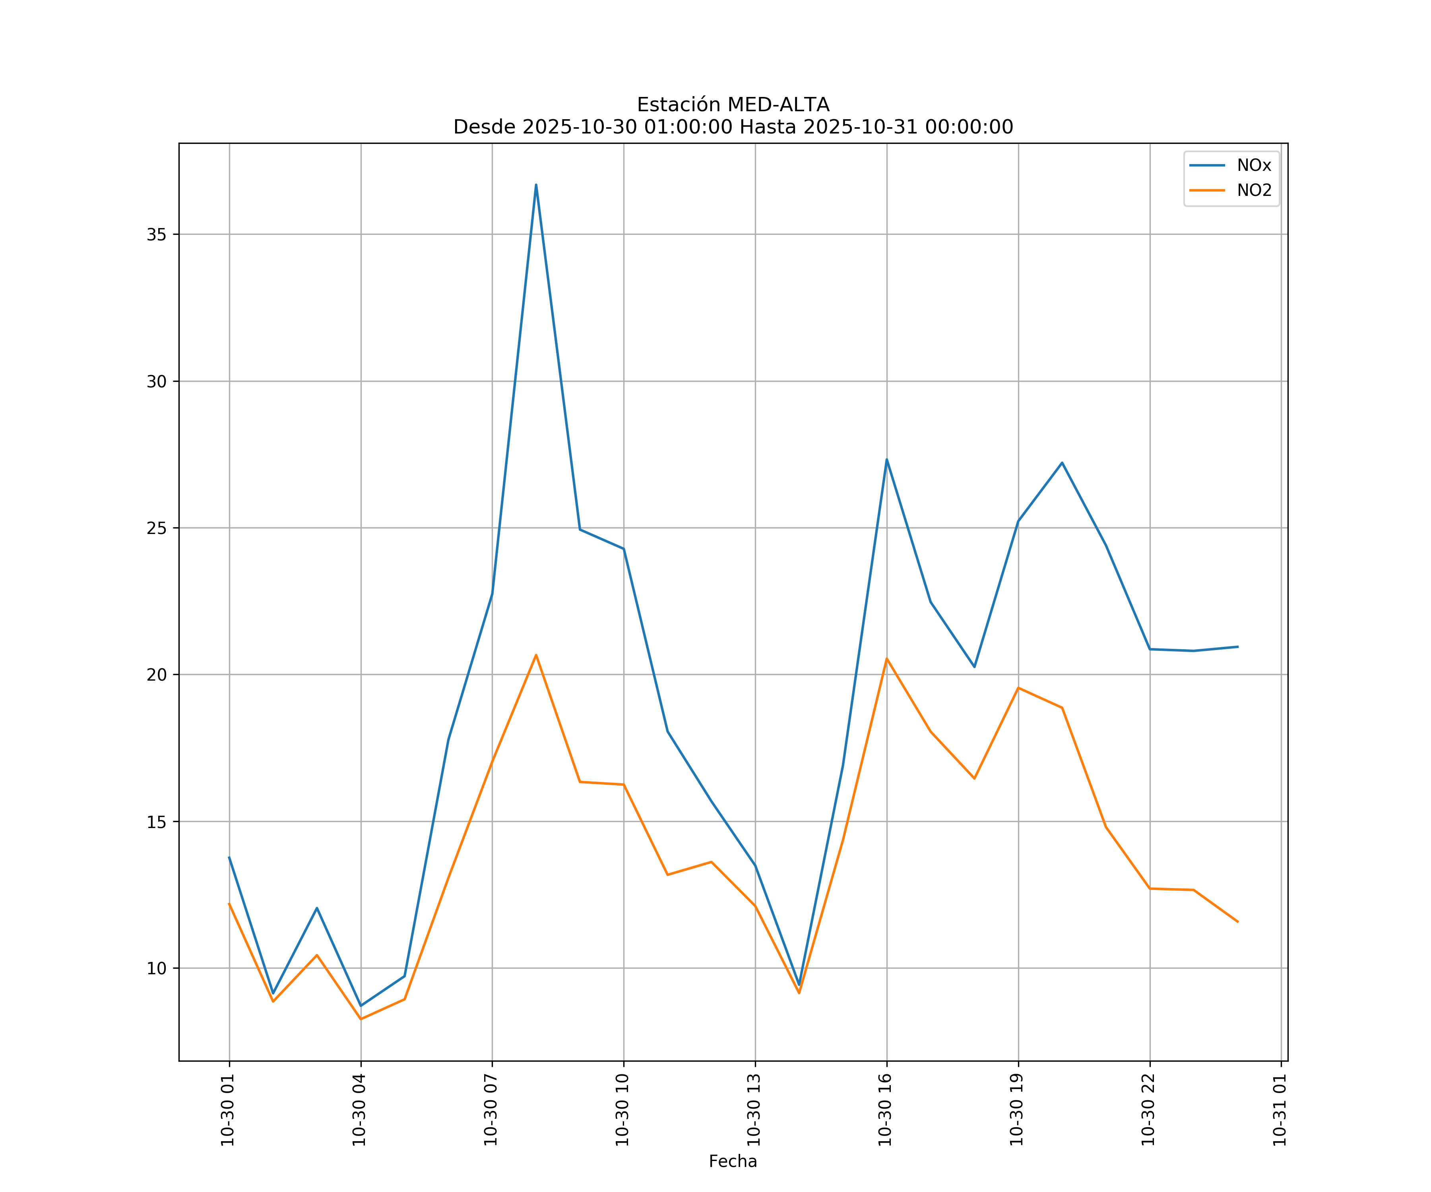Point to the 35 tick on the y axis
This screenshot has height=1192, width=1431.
point(157,234)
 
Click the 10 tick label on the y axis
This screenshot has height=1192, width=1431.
point(157,968)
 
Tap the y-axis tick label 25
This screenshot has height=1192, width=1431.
point(157,528)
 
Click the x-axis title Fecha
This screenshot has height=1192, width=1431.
point(733,1161)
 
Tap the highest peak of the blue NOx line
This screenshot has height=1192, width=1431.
point(536,185)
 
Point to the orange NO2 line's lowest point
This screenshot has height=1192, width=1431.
point(361,1019)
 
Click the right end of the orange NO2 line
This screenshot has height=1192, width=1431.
point(1237,921)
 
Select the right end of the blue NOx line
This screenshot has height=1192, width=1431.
point(1237,646)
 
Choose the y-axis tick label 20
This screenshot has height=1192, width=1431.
point(157,674)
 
